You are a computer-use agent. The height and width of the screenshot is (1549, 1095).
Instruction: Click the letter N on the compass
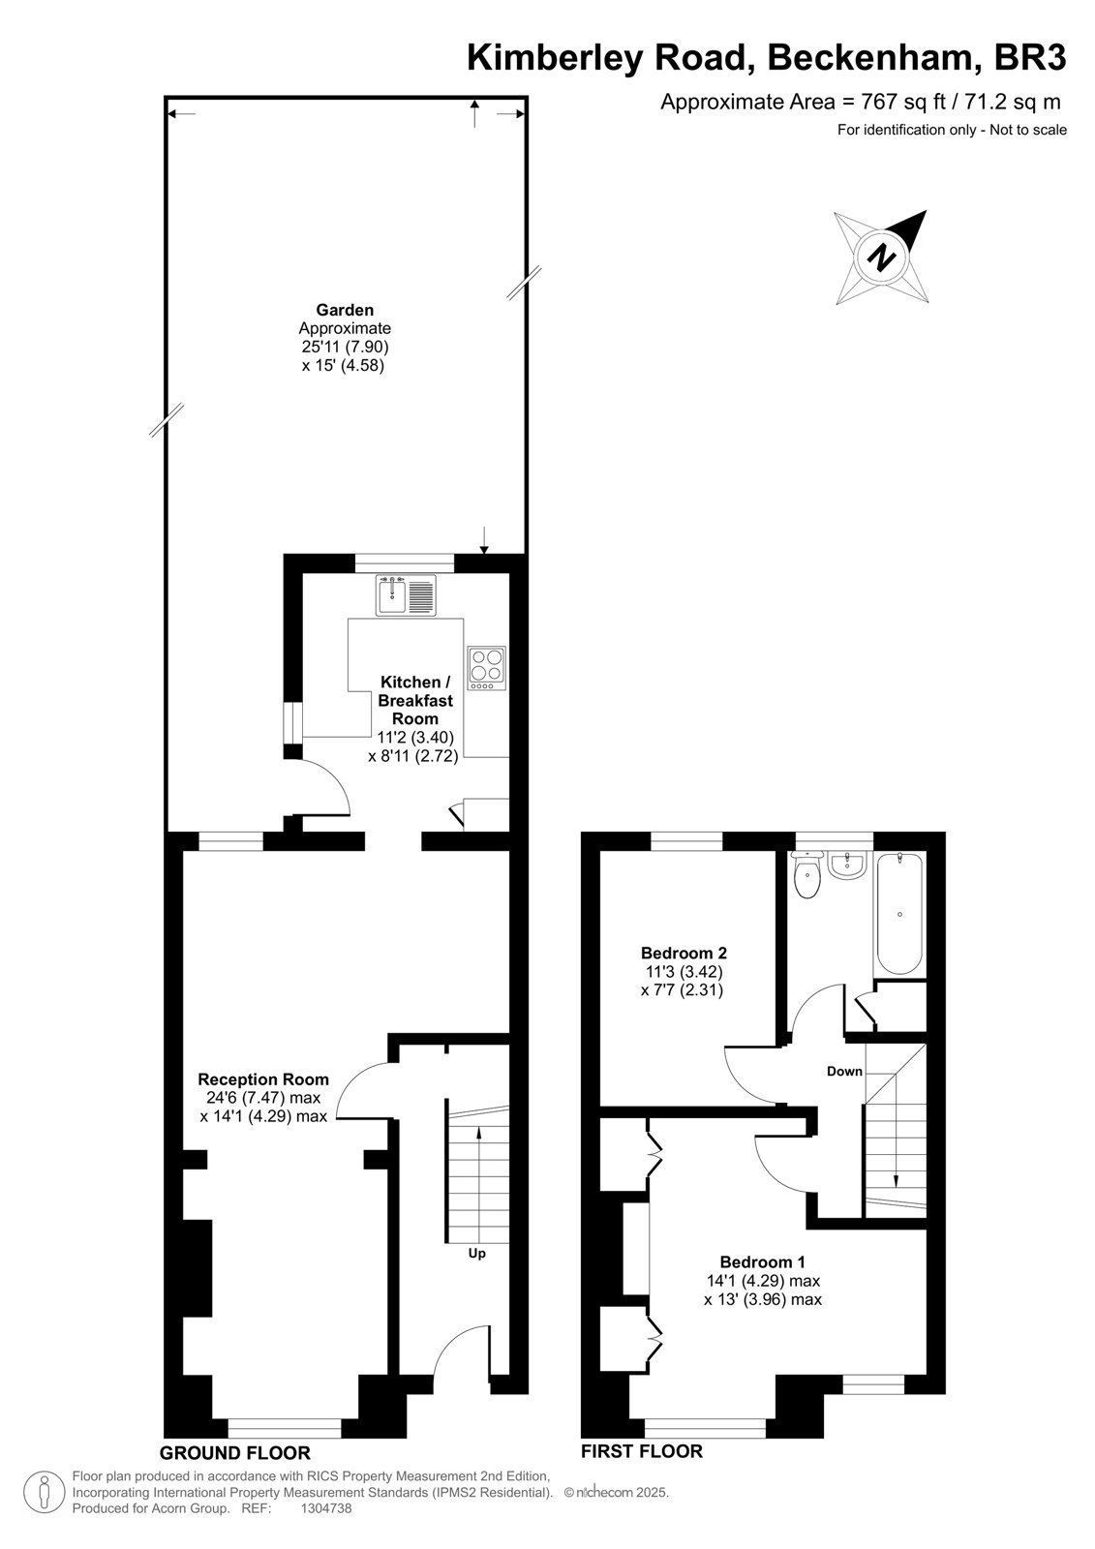tap(881, 258)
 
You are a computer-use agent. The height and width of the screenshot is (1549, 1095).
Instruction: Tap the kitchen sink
tap(407, 594)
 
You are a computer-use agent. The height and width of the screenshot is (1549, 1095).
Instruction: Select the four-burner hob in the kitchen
tap(486, 667)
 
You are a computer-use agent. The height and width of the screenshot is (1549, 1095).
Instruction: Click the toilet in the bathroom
tap(807, 875)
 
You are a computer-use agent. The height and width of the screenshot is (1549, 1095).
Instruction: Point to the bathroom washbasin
tap(847, 866)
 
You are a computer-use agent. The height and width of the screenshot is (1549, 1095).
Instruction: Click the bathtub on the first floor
tap(899, 914)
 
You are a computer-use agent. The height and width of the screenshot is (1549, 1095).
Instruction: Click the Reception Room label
tap(263, 1078)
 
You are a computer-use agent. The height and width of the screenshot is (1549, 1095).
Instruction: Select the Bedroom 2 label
tap(684, 953)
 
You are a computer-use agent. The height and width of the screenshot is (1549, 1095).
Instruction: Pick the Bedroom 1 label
tap(762, 1261)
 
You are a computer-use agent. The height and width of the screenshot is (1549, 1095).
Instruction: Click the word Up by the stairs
tap(476, 1253)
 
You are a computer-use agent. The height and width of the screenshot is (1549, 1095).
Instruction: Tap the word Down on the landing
tap(844, 1071)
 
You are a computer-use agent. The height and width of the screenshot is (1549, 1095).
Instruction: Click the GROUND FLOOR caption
tap(235, 1452)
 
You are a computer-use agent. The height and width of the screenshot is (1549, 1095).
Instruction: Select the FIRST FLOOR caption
tap(641, 1451)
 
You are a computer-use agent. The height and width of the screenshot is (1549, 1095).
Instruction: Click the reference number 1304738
tap(326, 1508)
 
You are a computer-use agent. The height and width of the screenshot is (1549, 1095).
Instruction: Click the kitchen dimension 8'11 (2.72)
tap(413, 756)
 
